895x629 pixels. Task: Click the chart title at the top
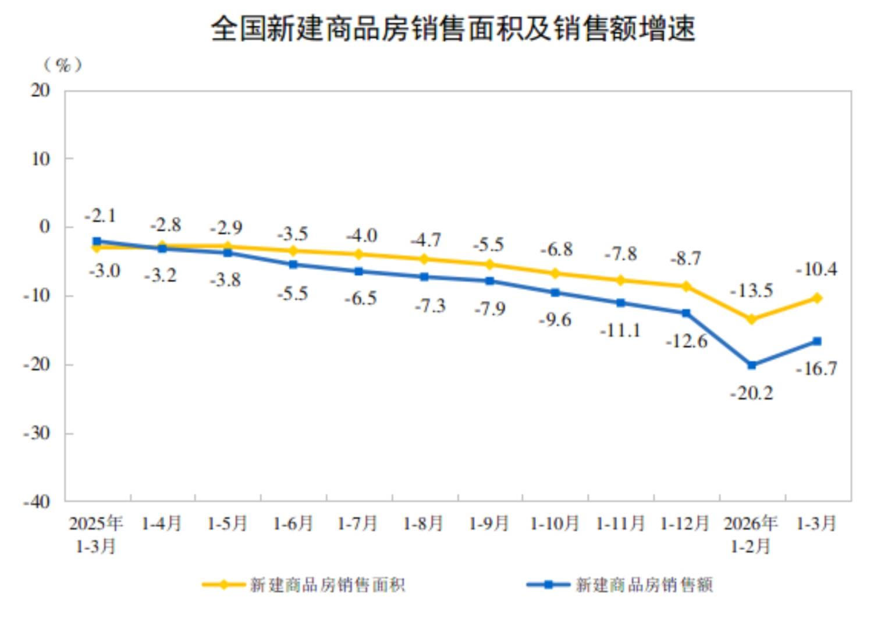click(452, 29)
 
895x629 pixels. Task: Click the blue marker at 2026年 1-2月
click(751, 365)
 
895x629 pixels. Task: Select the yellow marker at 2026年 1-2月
click(751, 319)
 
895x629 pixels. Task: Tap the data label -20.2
click(751, 394)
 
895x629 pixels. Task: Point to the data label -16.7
click(816, 369)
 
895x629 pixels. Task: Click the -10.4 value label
click(816, 269)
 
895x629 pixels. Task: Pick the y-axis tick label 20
click(40, 90)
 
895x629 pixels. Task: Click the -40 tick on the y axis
click(37, 501)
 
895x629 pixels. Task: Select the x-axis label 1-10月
click(555, 524)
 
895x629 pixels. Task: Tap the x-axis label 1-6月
click(293, 524)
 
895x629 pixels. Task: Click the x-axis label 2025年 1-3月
click(96, 535)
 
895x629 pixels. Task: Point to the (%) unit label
click(63, 65)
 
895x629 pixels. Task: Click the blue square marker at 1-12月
click(686, 313)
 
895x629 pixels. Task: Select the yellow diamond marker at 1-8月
click(424, 259)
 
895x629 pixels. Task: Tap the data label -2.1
click(101, 216)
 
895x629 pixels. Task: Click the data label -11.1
click(620, 331)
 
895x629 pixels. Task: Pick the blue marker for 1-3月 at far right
click(816, 341)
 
